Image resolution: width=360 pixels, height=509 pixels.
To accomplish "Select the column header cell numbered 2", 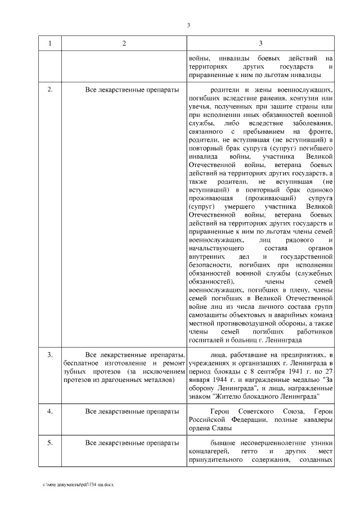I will pyautogui.click(x=124, y=44).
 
